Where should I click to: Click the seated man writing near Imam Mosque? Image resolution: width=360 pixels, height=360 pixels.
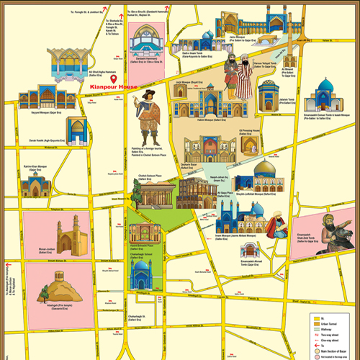pos(273,226)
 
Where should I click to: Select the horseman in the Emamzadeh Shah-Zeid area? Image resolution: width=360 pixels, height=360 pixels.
pos(332,232)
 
